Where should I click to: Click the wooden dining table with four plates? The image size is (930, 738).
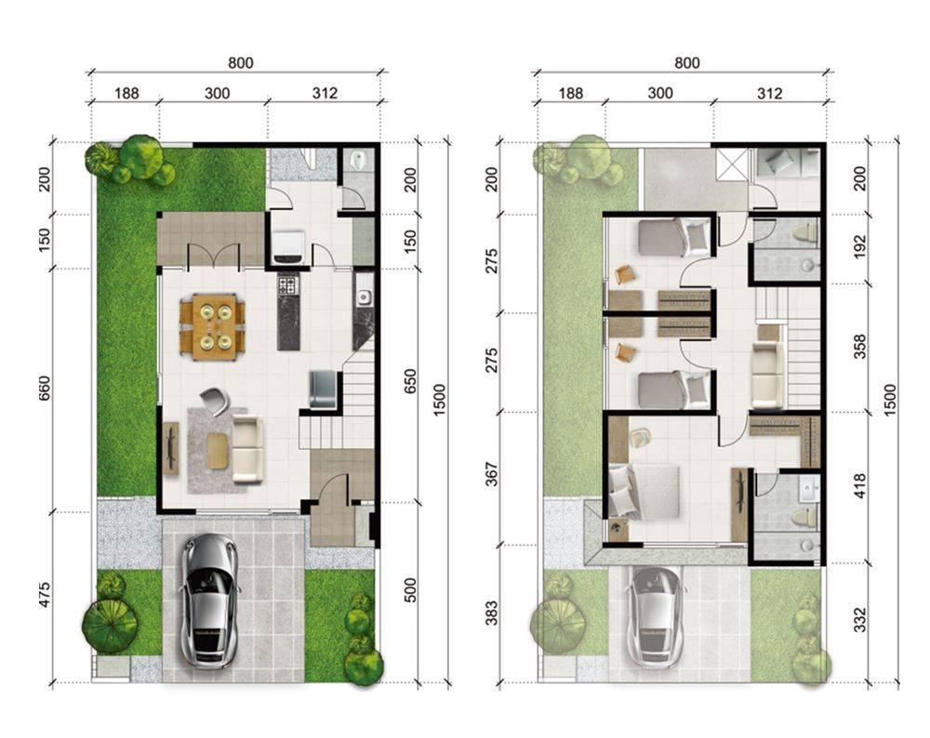click(212, 326)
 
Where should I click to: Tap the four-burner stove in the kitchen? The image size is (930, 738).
click(287, 285)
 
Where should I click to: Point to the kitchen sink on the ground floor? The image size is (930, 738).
click(364, 297)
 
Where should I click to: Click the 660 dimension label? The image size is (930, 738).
click(45, 389)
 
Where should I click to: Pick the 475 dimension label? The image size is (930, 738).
click(45, 595)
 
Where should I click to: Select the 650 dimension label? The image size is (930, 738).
click(410, 381)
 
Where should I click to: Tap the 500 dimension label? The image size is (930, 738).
click(410, 590)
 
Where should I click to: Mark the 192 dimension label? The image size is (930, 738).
click(859, 247)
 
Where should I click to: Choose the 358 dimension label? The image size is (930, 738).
click(859, 347)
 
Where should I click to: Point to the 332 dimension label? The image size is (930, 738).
click(859, 619)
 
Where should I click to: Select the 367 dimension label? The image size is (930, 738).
click(492, 474)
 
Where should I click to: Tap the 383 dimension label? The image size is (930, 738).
click(492, 613)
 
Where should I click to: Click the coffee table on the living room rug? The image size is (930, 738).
click(218, 451)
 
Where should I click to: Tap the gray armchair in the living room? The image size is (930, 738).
click(214, 400)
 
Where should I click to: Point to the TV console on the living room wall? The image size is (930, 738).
click(171, 448)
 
